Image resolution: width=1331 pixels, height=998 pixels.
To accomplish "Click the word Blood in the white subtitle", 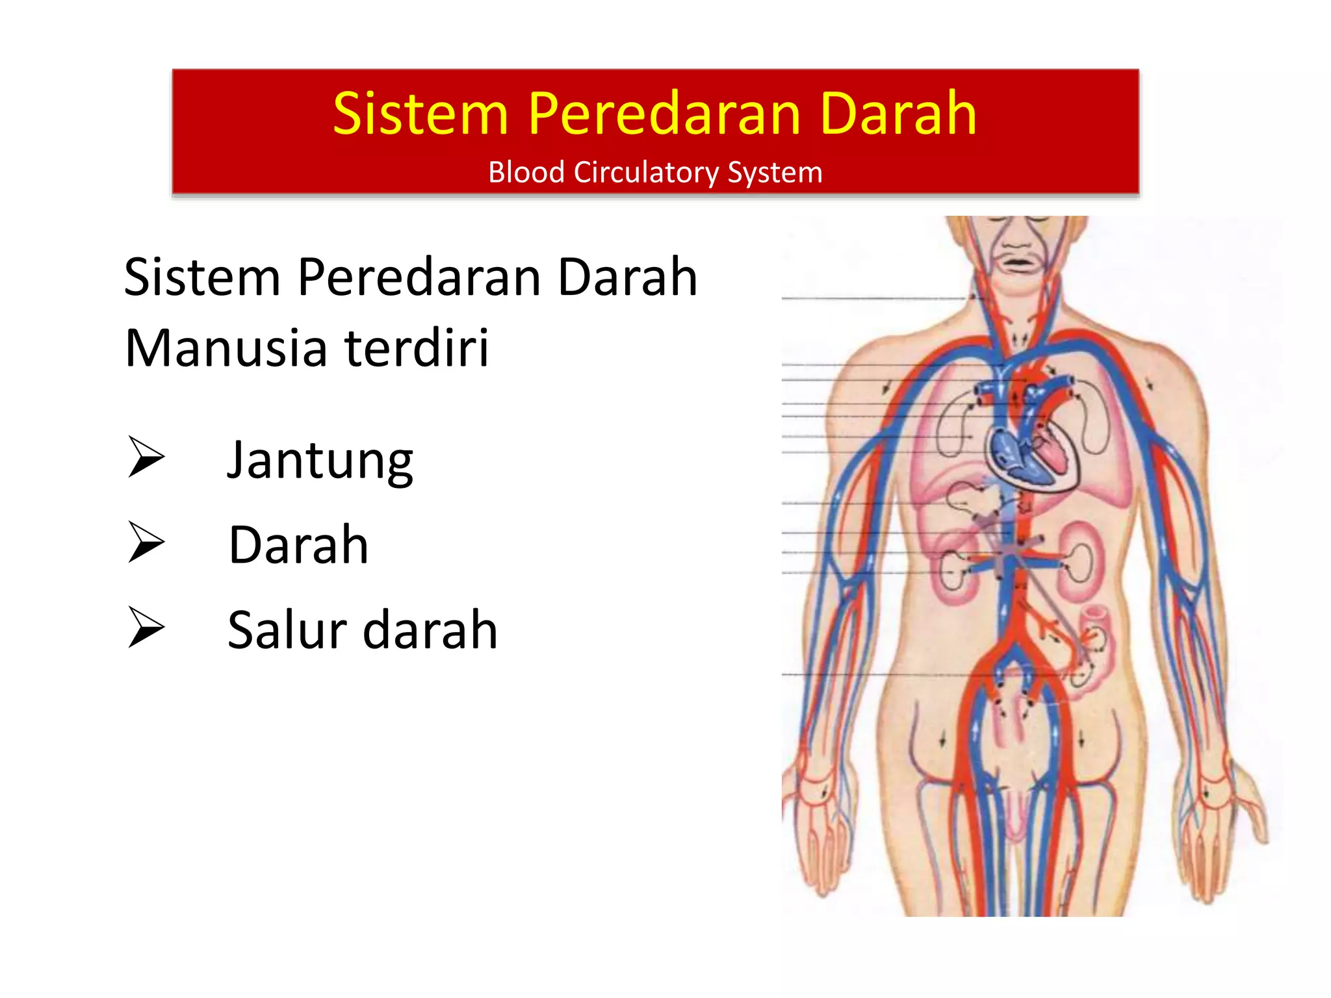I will pos(526,172).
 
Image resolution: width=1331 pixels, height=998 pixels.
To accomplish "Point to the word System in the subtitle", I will pos(775,173).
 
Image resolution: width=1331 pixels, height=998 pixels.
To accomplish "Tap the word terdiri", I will pos(417,348).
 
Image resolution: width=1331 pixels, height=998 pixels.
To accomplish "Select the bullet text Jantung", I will pos(320,461).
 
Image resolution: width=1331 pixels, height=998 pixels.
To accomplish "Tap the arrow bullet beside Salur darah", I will pos(146,627).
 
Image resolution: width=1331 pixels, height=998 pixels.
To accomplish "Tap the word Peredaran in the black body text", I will pos(419,277).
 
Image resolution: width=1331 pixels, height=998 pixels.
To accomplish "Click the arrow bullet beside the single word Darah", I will pos(146,542).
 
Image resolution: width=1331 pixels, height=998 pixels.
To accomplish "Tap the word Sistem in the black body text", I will pos(202,277).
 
